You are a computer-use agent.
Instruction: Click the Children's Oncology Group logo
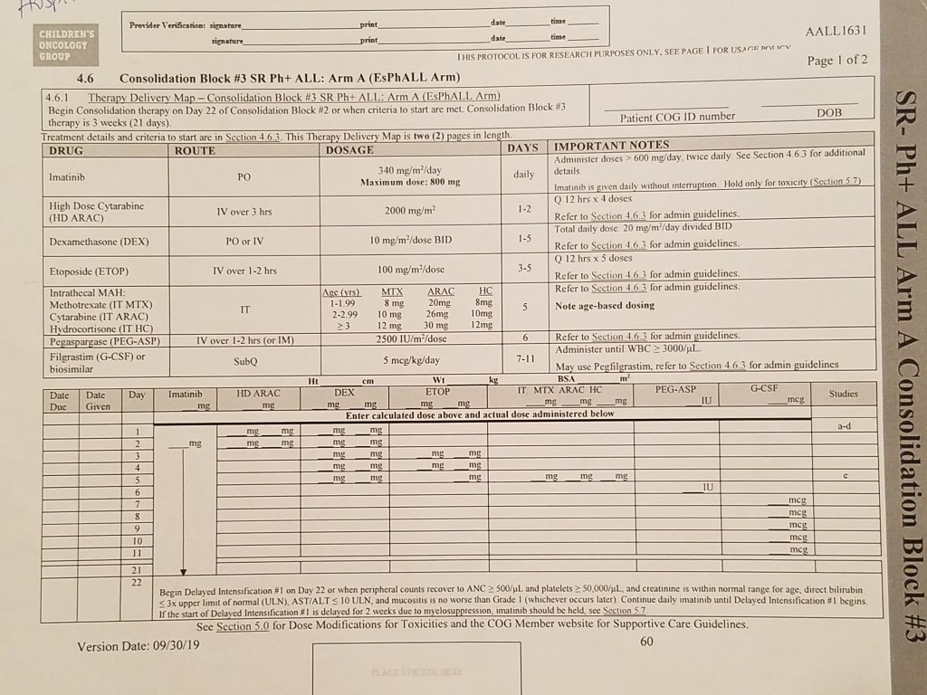click(63, 44)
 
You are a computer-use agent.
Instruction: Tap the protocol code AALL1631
click(836, 31)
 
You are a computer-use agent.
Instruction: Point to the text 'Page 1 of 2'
click(837, 61)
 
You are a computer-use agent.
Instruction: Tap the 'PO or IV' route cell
click(244, 240)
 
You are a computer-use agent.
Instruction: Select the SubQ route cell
click(244, 360)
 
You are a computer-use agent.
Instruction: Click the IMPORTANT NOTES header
click(612, 145)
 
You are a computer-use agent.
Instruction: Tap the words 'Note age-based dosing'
click(604, 306)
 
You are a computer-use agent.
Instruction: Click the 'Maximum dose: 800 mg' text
click(410, 182)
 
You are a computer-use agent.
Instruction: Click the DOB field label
click(829, 114)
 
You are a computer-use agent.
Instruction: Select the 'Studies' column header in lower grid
click(843, 394)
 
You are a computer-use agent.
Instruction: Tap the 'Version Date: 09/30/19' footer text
click(139, 646)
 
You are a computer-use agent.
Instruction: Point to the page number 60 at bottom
click(646, 642)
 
